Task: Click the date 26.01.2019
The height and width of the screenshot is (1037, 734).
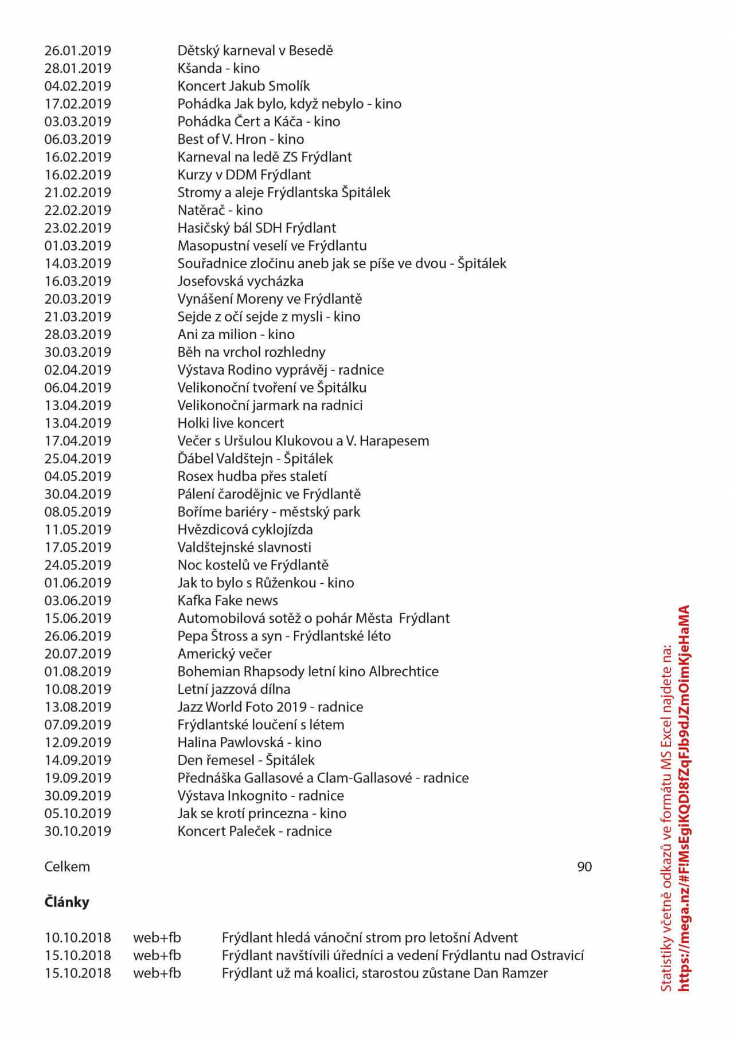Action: pyautogui.click(x=77, y=50)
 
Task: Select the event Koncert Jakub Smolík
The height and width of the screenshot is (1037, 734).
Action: pyautogui.click(x=243, y=86)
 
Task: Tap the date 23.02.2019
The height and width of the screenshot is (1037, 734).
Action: pyautogui.click(x=77, y=228)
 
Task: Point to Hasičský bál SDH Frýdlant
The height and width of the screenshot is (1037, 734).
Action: pyautogui.click(x=256, y=228)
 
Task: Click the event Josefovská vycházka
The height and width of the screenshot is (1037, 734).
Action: pyautogui.click(x=240, y=281)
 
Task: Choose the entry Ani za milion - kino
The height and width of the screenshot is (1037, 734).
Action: pyautogui.click(x=236, y=335)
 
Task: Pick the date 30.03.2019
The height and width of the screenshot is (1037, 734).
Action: pyautogui.click(x=77, y=352)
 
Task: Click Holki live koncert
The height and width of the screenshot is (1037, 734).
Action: pyautogui.click(x=231, y=423)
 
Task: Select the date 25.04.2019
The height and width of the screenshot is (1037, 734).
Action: pyautogui.click(x=77, y=459)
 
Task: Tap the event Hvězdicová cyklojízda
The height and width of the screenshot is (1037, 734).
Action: pyautogui.click(x=245, y=530)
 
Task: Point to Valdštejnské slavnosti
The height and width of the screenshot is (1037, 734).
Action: pyautogui.click(x=244, y=548)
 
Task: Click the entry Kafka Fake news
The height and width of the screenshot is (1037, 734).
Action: pyautogui.click(x=228, y=601)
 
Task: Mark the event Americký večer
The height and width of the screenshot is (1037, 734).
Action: pyautogui.click(x=224, y=654)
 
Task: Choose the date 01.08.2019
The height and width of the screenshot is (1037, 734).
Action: pyautogui.click(x=77, y=672)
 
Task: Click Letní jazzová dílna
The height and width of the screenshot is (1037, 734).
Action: pyautogui.click(x=233, y=690)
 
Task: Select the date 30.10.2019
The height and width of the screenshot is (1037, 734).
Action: pyautogui.click(x=77, y=832)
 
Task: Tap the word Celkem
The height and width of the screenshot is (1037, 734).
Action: pyautogui.click(x=67, y=867)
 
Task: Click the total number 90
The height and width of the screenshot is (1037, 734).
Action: pyautogui.click(x=584, y=867)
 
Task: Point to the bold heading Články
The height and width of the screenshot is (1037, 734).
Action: pyautogui.click(x=67, y=902)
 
